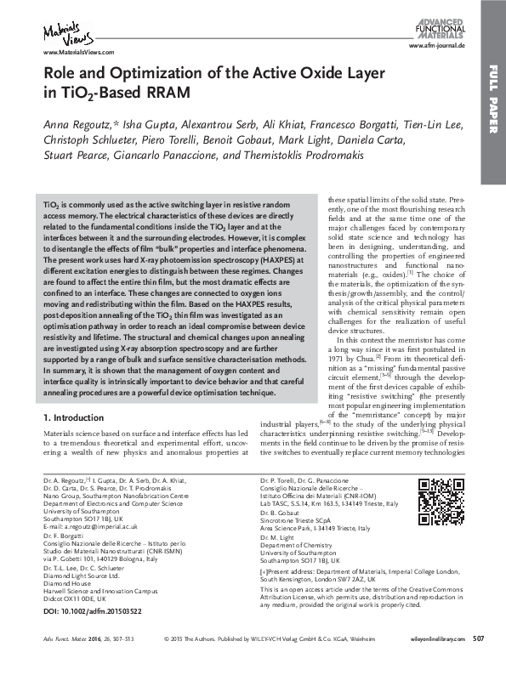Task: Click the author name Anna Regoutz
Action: click(73, 125)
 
